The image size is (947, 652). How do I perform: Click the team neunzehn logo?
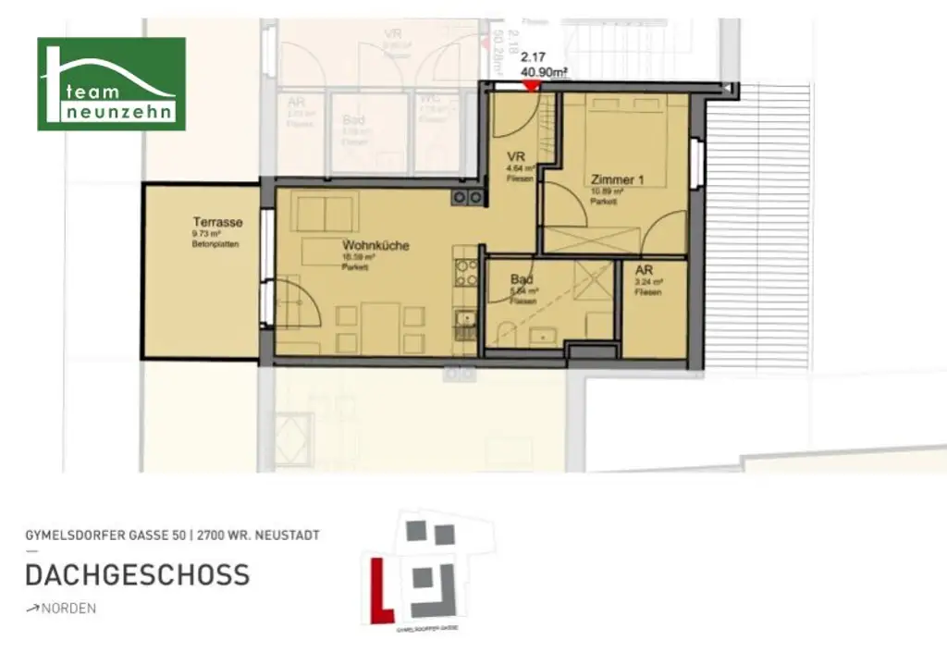(111, 84)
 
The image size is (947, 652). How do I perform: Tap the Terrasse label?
(217, 222)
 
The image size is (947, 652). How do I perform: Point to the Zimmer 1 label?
(613, 179)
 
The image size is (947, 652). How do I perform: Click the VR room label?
(516, 157)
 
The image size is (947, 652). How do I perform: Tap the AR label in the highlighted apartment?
(645, 270)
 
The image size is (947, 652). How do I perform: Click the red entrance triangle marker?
(531, 86)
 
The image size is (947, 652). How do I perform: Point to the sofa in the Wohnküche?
(325, 214)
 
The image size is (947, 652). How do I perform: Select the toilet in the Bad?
(505, 333)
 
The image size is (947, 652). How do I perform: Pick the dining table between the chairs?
(379, 328)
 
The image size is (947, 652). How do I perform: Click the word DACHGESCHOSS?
(137, 574)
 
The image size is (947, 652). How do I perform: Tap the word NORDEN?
(68, 609)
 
